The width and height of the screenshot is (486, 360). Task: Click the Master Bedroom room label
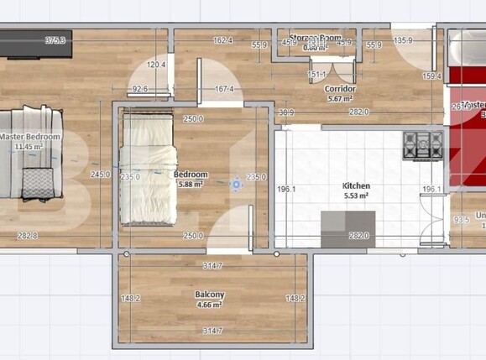[x=30, y=137]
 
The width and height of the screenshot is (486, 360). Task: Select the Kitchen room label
[x=355, y=186]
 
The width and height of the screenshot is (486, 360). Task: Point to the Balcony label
[x=209, y=295]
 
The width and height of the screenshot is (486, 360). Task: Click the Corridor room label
[x=341, y=88]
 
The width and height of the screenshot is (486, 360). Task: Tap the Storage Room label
[x=316, y=39]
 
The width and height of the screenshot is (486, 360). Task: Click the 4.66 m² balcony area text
[x=209, y=305]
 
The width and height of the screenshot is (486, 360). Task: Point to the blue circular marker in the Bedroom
[x=237, y=182]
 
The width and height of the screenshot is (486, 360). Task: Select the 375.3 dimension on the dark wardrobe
[x=56, y=40]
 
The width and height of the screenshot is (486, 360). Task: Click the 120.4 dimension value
[x=156, y=65]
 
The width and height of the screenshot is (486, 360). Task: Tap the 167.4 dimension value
[x=224, y=89]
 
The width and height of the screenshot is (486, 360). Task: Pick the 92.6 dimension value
[x=139, y=88]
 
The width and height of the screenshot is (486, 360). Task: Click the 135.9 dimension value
[x=404, y=40]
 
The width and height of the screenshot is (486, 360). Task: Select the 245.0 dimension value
[x=101, y=175]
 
